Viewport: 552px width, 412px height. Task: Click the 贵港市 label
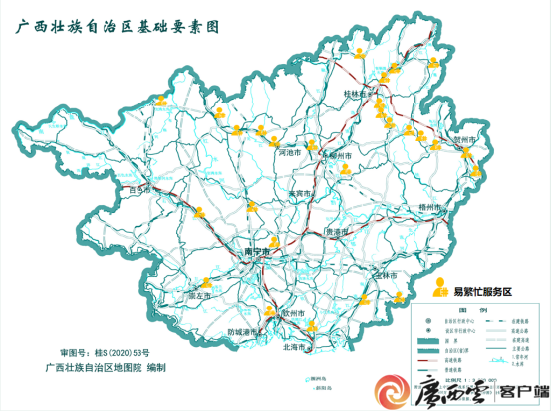(339, 231)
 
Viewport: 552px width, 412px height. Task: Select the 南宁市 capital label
(258, 253)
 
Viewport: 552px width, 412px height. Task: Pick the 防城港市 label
(244, 331)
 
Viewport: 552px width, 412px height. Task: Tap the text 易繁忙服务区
(482, 291)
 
